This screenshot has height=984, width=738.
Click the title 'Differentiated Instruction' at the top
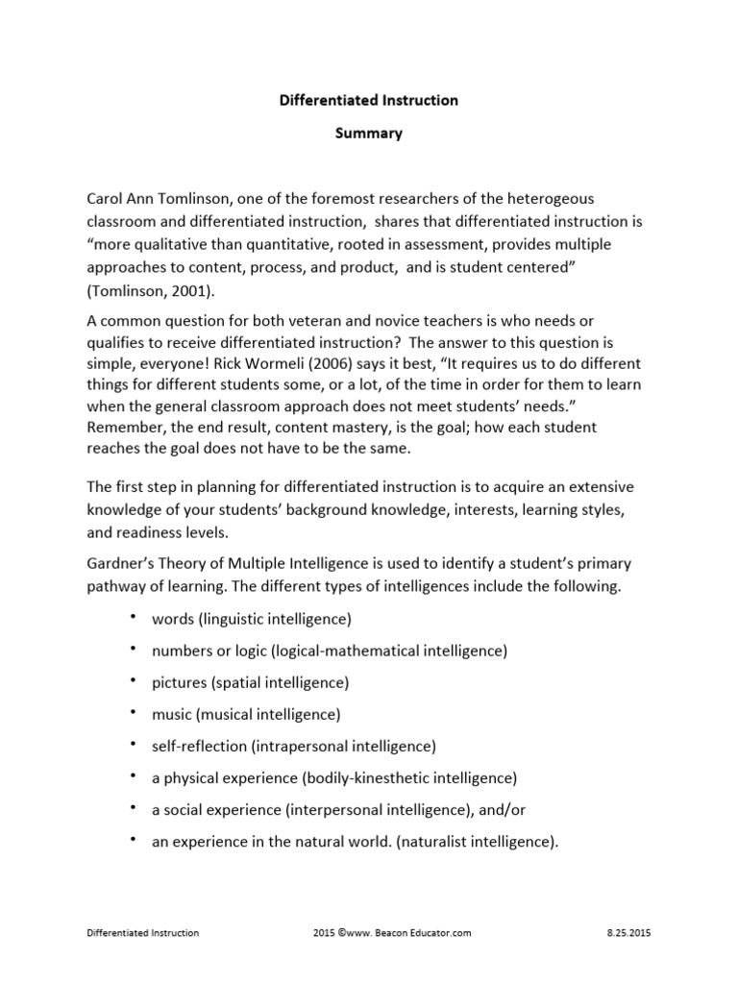point(368,99)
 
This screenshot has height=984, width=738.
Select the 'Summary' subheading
point(368,134)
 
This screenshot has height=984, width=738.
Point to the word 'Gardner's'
point(123,563)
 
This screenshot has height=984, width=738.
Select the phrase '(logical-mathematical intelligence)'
point(389,651)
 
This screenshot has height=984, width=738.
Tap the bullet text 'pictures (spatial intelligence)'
point(250,682)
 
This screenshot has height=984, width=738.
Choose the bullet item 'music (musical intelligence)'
point(246,714)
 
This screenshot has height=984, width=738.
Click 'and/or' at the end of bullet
point(490,808)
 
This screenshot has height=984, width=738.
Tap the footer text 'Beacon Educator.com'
point(424,933)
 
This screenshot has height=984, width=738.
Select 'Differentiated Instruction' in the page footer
point(143,933)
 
